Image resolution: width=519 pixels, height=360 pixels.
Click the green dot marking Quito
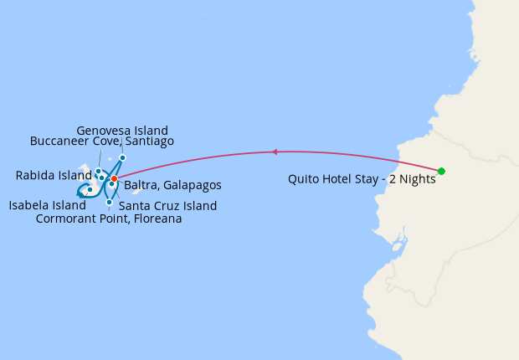pos(441,171)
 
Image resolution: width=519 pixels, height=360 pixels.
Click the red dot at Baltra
pos(114,178)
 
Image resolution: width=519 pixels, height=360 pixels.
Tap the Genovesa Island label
pos(122,131)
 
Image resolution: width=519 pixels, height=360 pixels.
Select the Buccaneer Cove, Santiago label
pos(102,141)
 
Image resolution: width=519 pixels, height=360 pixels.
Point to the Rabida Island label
pos(53,176)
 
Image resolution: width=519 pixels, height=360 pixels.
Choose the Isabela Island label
pos(48,205)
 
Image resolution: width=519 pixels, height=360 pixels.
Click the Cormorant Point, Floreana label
pos(109,219)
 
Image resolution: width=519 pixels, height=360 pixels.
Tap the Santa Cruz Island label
pos(167,206)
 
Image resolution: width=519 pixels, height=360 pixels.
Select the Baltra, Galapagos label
pos(172,185)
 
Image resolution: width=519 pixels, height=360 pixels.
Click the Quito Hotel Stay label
pos(362,178)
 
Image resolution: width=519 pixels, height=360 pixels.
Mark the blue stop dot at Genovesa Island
pos(122,157)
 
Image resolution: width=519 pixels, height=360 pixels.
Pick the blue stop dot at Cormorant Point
pos(110,202)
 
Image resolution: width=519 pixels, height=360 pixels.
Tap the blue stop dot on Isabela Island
pos(90,190)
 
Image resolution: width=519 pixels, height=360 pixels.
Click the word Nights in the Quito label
pos(415,178)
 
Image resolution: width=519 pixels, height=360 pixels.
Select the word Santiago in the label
pos(148,141)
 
